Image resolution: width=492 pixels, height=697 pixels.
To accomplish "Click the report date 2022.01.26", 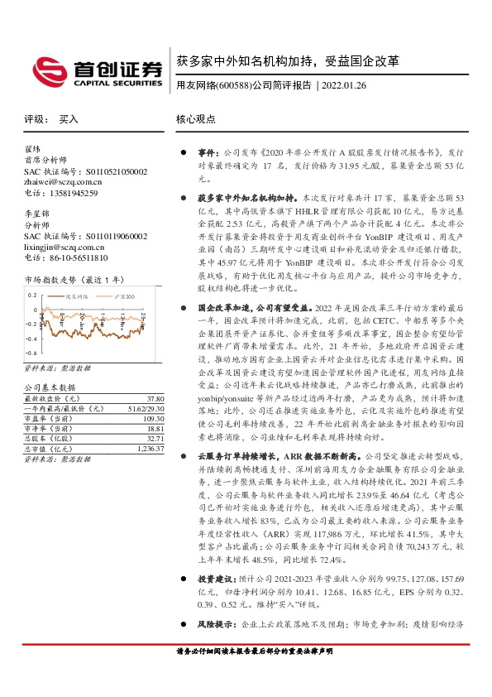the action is pos(350,84).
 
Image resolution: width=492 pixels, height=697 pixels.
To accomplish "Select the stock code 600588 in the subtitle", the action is pos(236,84).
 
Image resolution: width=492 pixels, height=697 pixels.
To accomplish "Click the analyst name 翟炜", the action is pos(33,150).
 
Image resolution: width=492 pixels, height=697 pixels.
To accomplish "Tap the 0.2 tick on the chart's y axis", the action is pos(31,295).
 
